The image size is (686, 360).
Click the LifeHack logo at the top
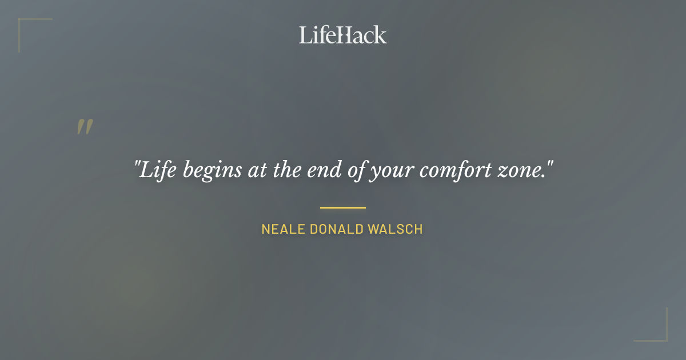coord(343,35)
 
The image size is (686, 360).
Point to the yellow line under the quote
coord(343,207)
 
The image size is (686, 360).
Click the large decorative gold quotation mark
coord(85,127)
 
